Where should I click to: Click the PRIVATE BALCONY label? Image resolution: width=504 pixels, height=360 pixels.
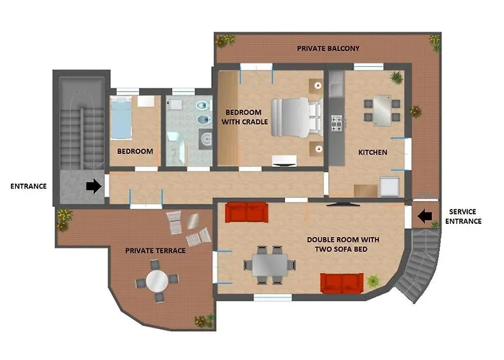point(328,48)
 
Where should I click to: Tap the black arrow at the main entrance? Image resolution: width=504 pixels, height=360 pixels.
point(94,186)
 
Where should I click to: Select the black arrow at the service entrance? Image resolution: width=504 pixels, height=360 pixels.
point(424,216)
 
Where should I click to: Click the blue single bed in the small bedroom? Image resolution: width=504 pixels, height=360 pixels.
point(121,118)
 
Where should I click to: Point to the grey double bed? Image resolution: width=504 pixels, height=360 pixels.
point(297,117)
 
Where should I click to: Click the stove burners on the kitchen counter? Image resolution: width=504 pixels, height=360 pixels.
point(336,123)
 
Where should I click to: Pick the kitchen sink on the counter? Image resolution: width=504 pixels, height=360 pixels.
point(336,84)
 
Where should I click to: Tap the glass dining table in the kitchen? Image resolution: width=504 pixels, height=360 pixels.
point(382,110)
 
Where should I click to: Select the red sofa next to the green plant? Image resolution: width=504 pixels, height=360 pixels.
point(342,283)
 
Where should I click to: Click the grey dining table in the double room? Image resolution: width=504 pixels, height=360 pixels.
point(269,265)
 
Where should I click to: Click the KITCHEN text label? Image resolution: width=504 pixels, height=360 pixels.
point(372,153)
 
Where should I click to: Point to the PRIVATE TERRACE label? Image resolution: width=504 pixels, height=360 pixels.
point(156,251)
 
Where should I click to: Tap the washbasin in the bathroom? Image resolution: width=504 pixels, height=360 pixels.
point(206,139)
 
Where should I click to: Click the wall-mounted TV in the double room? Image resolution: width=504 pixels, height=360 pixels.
point(343,204)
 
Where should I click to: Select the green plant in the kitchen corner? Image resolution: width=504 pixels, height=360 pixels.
point(396,78)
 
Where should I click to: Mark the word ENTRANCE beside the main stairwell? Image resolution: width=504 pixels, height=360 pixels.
point(29,186)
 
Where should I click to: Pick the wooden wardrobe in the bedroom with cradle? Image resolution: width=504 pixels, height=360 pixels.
point(228,118)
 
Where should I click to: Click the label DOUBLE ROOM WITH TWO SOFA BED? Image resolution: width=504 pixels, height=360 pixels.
point(343,244)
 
